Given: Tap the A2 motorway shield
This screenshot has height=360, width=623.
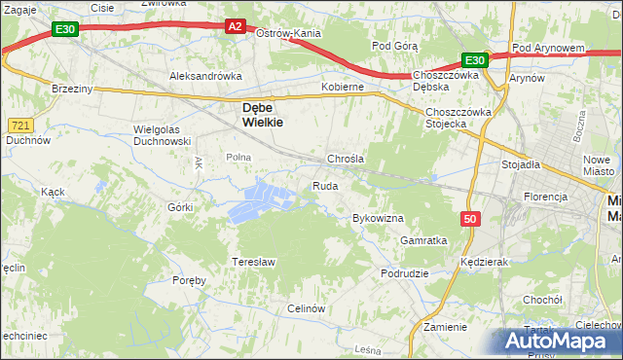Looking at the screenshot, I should pos(236,27).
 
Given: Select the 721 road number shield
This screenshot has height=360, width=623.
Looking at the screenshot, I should pos(20,126).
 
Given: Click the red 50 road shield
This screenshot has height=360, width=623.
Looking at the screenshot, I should pos(471,220).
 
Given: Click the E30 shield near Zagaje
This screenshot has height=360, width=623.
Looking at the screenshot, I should pos(65,30).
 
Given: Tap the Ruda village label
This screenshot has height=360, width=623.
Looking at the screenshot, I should pos(325,186).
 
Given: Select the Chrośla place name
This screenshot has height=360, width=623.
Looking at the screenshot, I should pos(345,159).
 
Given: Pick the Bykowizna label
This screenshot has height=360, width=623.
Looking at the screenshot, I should pos(378,219).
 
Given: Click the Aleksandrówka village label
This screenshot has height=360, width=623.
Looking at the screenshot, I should pos(204,75).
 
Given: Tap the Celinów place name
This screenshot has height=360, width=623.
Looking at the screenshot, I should pos(305,308).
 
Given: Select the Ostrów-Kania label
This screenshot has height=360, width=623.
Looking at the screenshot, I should pos(288,33).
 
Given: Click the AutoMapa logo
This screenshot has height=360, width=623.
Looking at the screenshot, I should pos(560,342).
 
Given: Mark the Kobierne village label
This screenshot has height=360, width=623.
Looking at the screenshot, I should pos(343,87).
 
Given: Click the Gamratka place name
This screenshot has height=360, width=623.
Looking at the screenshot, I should pos(423,240).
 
